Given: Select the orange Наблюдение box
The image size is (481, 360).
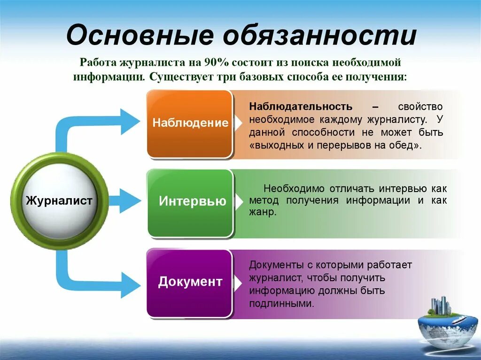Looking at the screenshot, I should pos(190,123).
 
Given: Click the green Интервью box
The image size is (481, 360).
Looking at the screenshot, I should pos(190,202).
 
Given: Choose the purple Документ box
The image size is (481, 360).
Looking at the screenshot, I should pos(190,282).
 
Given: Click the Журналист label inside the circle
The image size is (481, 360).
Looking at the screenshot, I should pos(59,201).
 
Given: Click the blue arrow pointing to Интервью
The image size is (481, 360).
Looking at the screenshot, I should pos(124,201).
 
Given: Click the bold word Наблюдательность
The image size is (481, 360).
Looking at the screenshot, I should pos(301,107).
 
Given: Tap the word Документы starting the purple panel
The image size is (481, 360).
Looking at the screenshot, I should pos(274,265).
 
